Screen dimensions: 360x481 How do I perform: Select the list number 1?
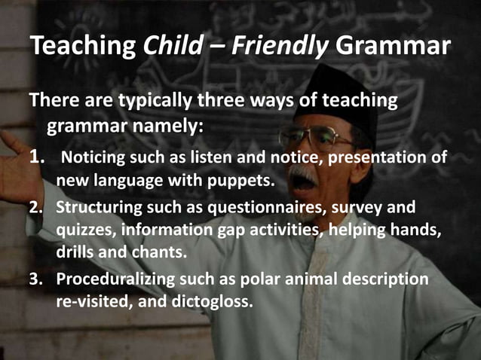pos(35,158)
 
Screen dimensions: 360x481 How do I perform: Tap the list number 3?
pos(35,279)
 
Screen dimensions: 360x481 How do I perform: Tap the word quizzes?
pos(83,230)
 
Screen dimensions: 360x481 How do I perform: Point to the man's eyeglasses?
pos(315,140)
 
